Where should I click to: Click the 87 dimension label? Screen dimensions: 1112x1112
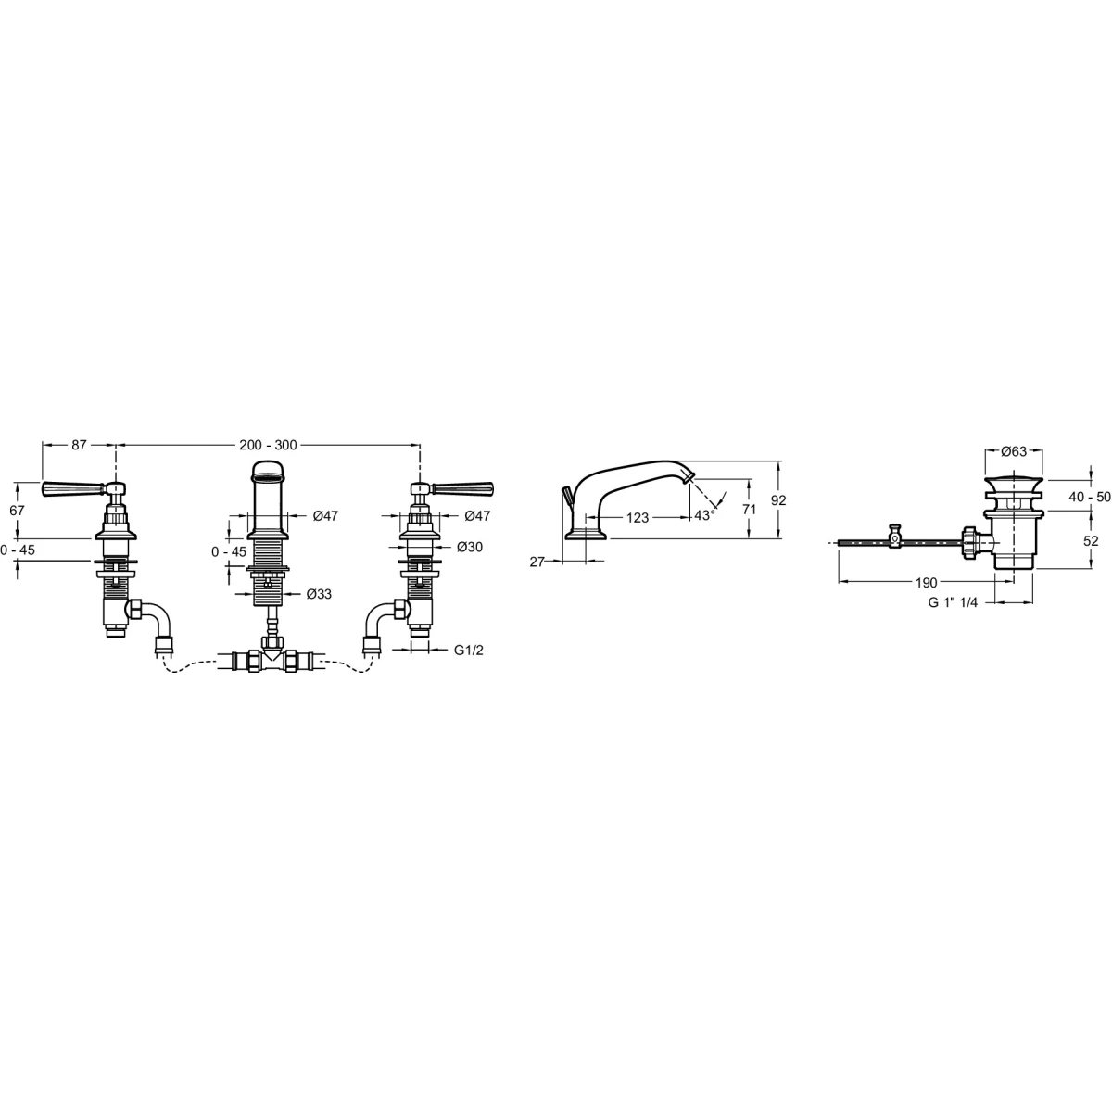(x=79, y=445)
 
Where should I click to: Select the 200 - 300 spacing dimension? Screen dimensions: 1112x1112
(x=269, y=445)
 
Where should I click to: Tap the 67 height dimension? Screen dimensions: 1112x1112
(x=18, y=511)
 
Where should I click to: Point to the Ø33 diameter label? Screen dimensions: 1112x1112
(x=319, y=594)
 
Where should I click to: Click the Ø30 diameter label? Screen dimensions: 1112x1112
(x=470, y=547)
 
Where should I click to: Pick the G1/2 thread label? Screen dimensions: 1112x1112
(x=469, y=650)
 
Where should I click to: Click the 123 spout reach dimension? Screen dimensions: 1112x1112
(x=637, y=518)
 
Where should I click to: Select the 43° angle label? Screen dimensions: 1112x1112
(x=704, y=515)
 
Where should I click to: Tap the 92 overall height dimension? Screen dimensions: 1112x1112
(x=778, y=500)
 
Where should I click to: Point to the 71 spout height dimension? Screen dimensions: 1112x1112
(x=749, y=510)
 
